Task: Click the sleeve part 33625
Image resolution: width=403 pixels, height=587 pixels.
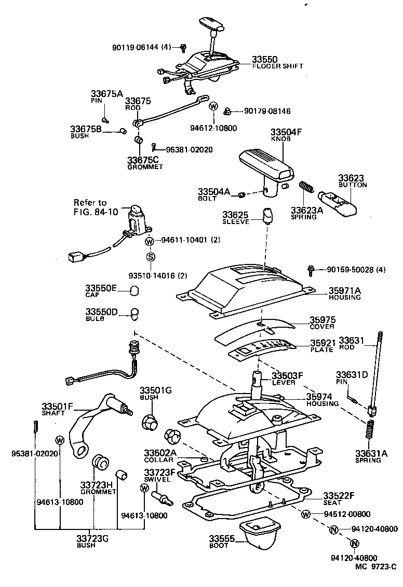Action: tap(268, 215)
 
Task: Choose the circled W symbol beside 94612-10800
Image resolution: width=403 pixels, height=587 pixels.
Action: tap(213, 106)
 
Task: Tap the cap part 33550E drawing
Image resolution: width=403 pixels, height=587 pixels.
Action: tap(134, 290)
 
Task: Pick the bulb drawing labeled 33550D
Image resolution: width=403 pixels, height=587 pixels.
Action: tap(135, 314)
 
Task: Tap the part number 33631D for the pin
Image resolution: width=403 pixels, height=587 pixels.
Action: tap(352, 375)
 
